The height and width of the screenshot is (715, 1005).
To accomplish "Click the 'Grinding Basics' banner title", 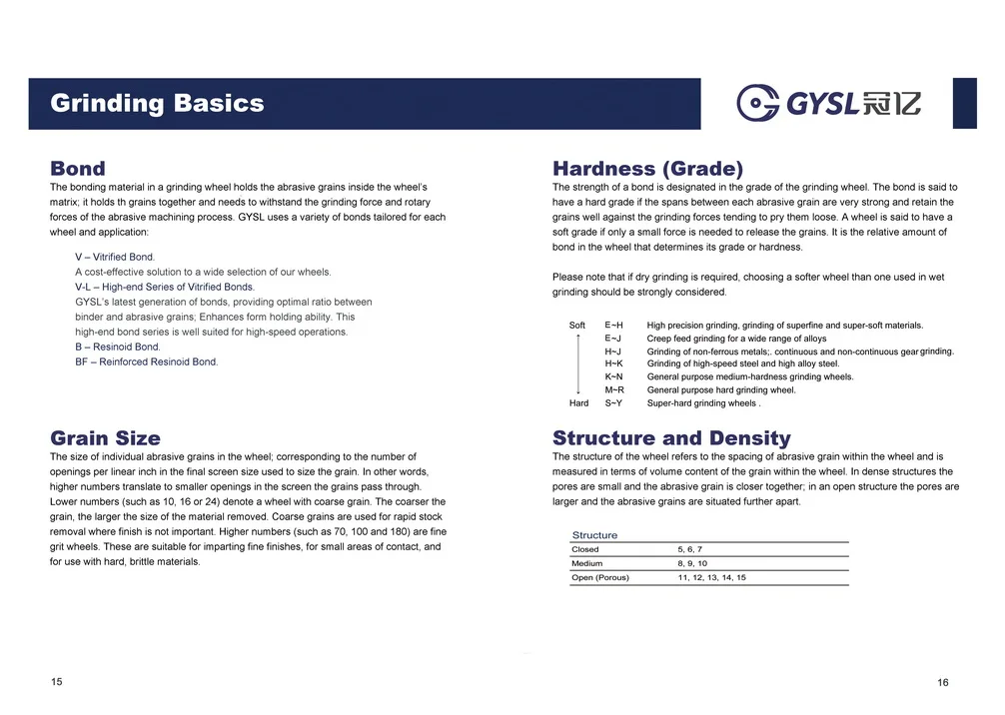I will pos(157,103).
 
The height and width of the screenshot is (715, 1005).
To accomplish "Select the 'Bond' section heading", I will pos(78,169).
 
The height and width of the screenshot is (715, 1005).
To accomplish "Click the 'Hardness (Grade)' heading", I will pos(647,169).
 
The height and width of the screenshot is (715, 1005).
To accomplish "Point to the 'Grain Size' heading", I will pos(105,437).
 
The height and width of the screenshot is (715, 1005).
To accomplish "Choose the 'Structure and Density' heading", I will pos(671,437).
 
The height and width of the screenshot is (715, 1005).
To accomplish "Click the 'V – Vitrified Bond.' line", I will pos(115,257).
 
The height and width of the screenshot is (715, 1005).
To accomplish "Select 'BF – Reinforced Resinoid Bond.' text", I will pos(146,361).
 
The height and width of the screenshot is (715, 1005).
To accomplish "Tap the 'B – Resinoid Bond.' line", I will pos(118,347).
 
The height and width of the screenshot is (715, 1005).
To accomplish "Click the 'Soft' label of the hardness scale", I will pos(577,326).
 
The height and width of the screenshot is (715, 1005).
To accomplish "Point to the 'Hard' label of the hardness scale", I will pos(578,403).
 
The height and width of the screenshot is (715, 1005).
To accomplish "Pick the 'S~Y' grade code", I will pos(613,403).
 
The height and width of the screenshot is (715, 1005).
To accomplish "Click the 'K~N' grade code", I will pos(613,377).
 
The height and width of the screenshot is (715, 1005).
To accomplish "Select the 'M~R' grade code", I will pos(614,390).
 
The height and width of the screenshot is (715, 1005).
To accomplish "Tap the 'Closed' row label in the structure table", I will pos(585,549).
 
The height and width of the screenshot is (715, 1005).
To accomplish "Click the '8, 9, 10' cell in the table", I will pos(692,563).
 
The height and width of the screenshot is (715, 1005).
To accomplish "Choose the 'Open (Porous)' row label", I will pos(600,577).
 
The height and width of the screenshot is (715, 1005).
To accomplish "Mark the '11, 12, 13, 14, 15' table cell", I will pos(711,577).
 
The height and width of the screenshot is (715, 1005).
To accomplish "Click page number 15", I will pos(57,681).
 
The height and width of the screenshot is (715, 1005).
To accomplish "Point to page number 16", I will pos(943,682).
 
